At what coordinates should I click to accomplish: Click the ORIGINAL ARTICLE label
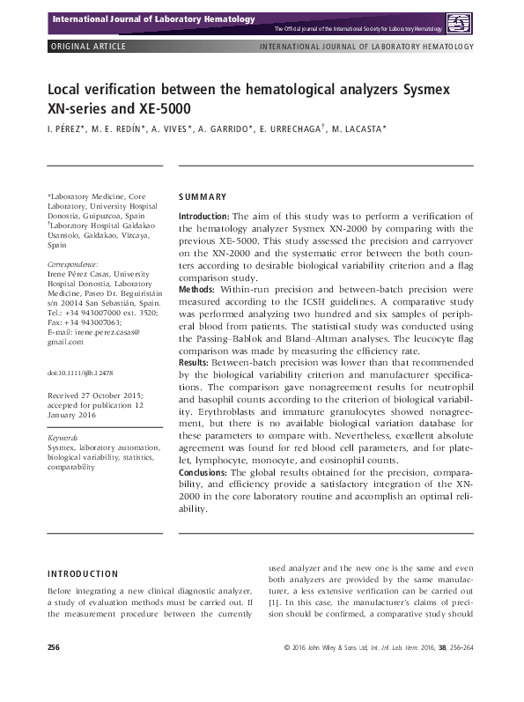tap(87, 46)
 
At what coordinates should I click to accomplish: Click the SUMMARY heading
tap(203, 197)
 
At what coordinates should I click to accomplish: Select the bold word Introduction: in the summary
tap(204, 216)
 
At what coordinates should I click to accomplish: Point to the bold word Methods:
tap(196, 289)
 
